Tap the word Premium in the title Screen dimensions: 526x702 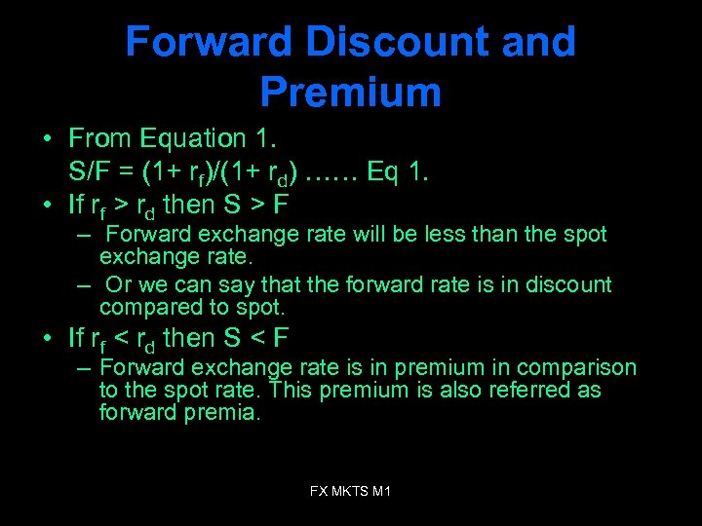(350, 93)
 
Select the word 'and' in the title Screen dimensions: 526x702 (536, 42)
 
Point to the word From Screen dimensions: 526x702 (101, 140)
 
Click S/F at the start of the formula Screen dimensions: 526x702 (92, 172)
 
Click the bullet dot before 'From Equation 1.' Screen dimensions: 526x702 (48, 140)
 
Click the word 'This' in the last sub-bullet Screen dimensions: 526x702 (291, 390)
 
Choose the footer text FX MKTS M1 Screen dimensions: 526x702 (350, 492)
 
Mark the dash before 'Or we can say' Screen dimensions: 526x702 (86, 284)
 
